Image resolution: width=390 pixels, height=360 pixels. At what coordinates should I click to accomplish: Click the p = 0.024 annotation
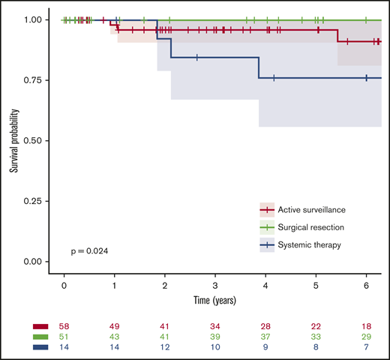[x=88, y=250]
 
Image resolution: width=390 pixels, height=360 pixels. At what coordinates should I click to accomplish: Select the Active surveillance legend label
[x=308, y=208]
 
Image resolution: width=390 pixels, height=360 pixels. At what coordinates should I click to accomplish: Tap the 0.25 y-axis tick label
[x=36, y=201]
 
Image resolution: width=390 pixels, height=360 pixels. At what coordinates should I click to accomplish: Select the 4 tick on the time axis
[x=265, y=286]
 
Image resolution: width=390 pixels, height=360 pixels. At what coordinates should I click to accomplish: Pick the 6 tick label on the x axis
[x=366, y=286]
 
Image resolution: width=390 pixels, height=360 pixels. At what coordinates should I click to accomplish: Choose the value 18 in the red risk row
[x=366, y=327]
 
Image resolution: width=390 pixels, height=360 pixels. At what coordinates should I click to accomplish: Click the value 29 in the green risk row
[x=366, y=337]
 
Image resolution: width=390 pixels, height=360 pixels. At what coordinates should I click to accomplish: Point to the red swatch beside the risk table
[x=40, y=327]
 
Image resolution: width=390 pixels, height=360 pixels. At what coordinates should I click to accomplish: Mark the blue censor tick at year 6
[x=366, y=78]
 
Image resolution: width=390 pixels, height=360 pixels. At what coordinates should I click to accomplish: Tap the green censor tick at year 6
[x=366, y=19]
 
